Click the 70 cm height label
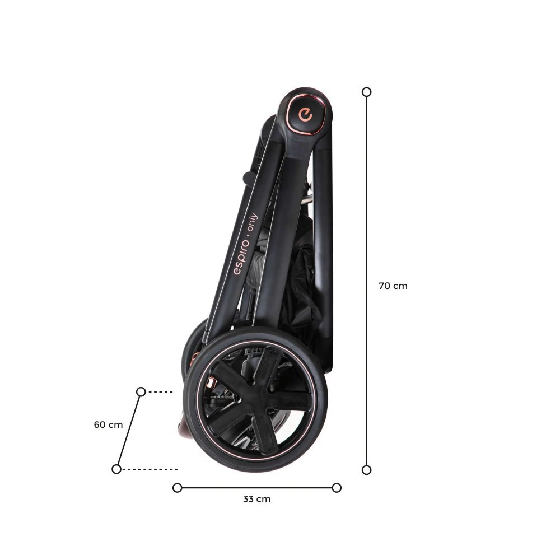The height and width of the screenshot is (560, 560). (393, 286)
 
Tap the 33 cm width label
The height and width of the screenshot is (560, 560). (257, 499)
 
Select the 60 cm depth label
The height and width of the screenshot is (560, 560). (108, 424)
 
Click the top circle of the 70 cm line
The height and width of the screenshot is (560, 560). (366, 92)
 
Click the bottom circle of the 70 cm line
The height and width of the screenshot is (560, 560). (366, 470)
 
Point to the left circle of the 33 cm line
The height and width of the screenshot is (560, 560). (177, 488)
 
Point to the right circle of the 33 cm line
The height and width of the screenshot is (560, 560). (337, 488)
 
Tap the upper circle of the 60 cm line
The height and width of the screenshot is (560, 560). (141, 392)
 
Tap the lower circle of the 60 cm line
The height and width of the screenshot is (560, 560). (116, 469)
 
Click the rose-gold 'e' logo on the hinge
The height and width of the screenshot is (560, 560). (306, 115)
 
